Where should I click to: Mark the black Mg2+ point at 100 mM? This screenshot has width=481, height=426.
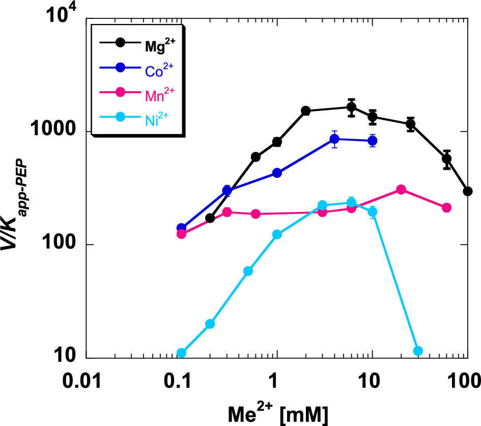click(x=467, y=191)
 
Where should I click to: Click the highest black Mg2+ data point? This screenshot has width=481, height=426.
click(x=351, y=107)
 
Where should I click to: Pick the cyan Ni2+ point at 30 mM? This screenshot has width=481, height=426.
click(x=418, y=351)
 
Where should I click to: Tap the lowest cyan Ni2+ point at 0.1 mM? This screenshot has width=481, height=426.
click(x=181, y=353)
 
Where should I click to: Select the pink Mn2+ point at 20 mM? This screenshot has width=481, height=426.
click(x=401, y=190)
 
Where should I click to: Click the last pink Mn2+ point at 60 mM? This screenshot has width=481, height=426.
click(x=446, y=207)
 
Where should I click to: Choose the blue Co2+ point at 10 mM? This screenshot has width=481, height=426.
click(x=372, y=141)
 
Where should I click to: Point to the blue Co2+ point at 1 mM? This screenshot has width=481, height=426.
click(x=277, y=173)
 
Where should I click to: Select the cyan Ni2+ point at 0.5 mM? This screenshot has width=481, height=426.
click(x=248, y=271)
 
